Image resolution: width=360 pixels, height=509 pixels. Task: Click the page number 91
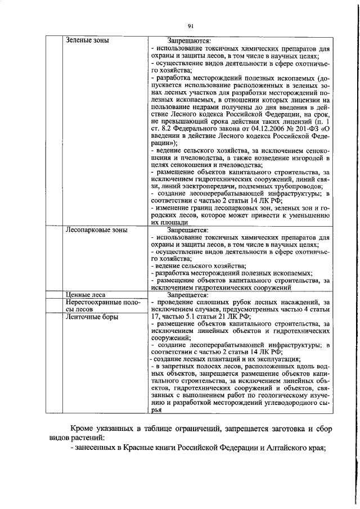tap(191, 26)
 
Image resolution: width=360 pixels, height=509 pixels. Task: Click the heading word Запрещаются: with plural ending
tap(189, 40)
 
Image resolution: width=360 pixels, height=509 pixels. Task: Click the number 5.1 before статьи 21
tap(192, 317)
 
